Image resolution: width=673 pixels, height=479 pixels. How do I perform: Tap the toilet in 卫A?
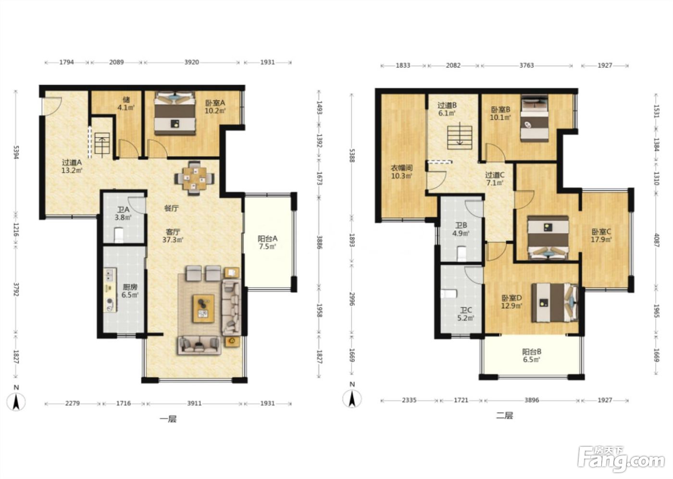coord(119,235)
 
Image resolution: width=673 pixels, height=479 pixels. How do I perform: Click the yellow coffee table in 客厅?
coord(204,309)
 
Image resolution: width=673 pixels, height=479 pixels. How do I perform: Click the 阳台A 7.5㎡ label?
coord(267,242)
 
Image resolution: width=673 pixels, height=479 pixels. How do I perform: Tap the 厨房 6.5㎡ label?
coord(130,291)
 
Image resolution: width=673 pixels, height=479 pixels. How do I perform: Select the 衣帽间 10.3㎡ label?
coord(401,172)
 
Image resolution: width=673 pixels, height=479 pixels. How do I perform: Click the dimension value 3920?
coord(192,62)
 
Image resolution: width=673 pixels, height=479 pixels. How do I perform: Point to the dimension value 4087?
coord(657,240)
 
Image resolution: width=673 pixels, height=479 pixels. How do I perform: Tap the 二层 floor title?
coord(505,416)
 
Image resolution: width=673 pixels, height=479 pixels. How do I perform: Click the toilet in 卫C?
coord(449,293)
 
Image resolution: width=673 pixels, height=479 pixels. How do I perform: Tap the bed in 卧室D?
coord(555,303)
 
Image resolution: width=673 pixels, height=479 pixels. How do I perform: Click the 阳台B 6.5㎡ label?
coord(532,355)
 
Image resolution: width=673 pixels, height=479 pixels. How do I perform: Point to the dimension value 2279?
coord(73,403)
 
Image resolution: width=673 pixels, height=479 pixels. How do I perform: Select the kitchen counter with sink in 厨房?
coord(110,290)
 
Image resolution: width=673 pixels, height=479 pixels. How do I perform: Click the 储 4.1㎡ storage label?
coord(126,103)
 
